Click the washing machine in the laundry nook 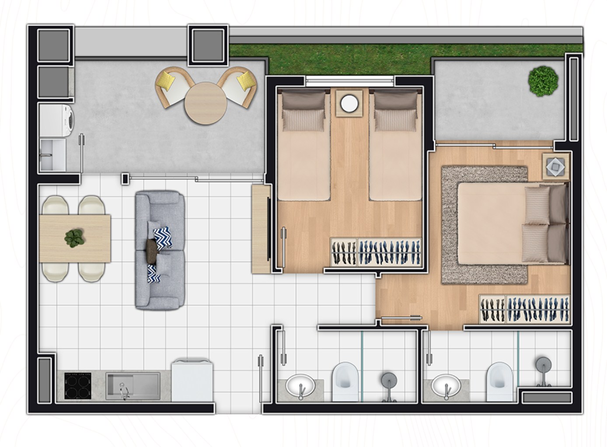tap(56, 119)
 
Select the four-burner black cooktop tap(77, 385)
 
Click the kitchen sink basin tap(132, 385)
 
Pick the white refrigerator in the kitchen tap(192, 380)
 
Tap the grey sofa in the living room tap(159, 250)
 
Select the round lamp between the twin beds tap(349, 103)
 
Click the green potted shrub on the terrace tap(543, 80)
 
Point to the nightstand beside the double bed tap(556, 166)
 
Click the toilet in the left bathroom tap(345, 376)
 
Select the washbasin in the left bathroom tap(300, 385)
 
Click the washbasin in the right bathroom tap(445, 385)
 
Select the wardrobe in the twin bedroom tap(376, 252)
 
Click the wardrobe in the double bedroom tap(525, 309)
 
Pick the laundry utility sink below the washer tap(52, 155)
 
